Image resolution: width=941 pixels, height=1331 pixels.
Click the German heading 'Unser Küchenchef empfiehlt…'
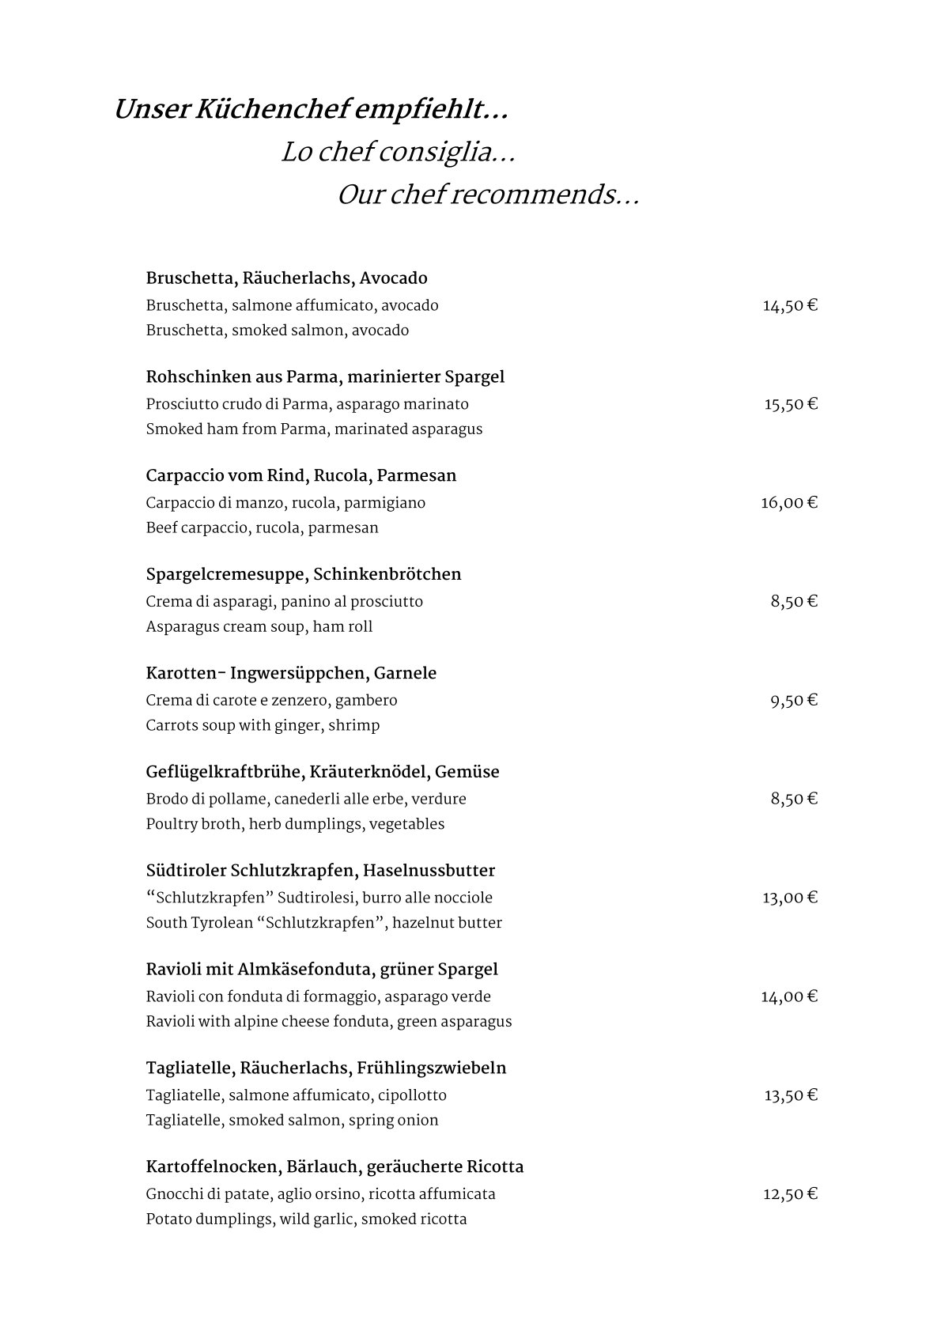tap(310, 111)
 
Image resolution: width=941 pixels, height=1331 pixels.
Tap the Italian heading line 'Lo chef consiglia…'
tap(398, 153)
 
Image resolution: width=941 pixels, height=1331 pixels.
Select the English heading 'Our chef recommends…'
tap(487, 195)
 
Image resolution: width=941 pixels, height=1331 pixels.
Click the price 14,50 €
tap(789, 305)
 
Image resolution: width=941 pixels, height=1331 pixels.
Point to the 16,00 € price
tap(788, 502)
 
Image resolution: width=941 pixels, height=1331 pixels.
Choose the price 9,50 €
tap(793, 700)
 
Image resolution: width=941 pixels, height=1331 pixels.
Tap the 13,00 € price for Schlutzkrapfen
tap(789, 898)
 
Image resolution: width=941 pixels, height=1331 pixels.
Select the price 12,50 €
tap(789, 1193)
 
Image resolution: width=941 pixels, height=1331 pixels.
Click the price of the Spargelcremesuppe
tap(793, 601)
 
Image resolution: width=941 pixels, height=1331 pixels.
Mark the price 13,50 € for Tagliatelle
tap(790, 1095)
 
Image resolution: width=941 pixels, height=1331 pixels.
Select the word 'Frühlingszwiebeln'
tap(431, 1068)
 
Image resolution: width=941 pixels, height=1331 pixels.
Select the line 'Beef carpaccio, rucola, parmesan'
tap(262, 528)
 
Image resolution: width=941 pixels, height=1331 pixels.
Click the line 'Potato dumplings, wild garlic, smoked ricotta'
tap(306, 1219)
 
